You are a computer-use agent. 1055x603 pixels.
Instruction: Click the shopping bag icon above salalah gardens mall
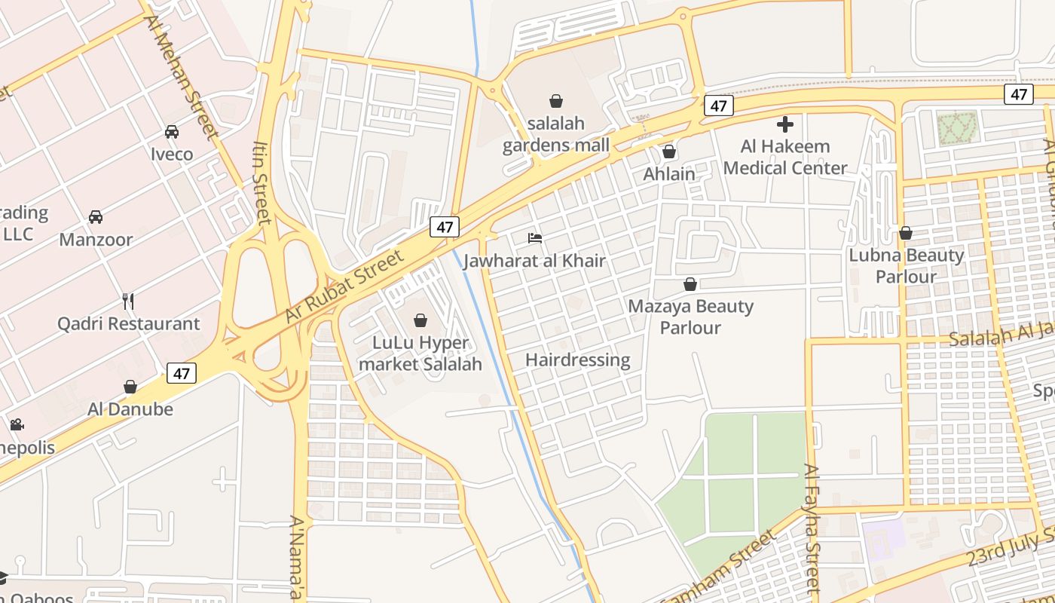click(x=556, y=101)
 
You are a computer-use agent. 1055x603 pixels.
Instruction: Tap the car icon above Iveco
click(x=172, y=132)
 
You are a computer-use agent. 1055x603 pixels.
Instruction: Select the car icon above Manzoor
click(x=96, y=217)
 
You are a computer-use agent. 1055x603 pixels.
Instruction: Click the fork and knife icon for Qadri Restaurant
click(x=128, y=301)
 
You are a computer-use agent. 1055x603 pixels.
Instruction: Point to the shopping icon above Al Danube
click(x=130, y=387)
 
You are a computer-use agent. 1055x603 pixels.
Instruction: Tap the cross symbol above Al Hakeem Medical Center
click(x=785, y=124)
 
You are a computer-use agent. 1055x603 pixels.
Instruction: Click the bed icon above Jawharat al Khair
click(x=535, y=238)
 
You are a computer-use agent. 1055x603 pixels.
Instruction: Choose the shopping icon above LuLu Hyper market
click(x=420, y=320)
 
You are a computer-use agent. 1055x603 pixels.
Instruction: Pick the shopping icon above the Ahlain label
click(x=668, y=152)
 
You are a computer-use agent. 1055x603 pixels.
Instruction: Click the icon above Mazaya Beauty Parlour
click(x=690, y=284)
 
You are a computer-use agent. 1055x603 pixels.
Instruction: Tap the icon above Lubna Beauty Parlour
click(x=906, y=233)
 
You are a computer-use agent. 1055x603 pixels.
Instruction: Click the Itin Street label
click(x=261, y=183)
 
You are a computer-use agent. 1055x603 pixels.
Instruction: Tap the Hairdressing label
click(x=577, y=360)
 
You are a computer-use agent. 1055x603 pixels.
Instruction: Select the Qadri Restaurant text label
click(x=129, y=324)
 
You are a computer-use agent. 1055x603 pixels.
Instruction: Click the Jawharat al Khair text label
click(x=534, y=261)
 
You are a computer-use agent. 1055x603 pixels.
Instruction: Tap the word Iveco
click(x=172, y=155)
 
